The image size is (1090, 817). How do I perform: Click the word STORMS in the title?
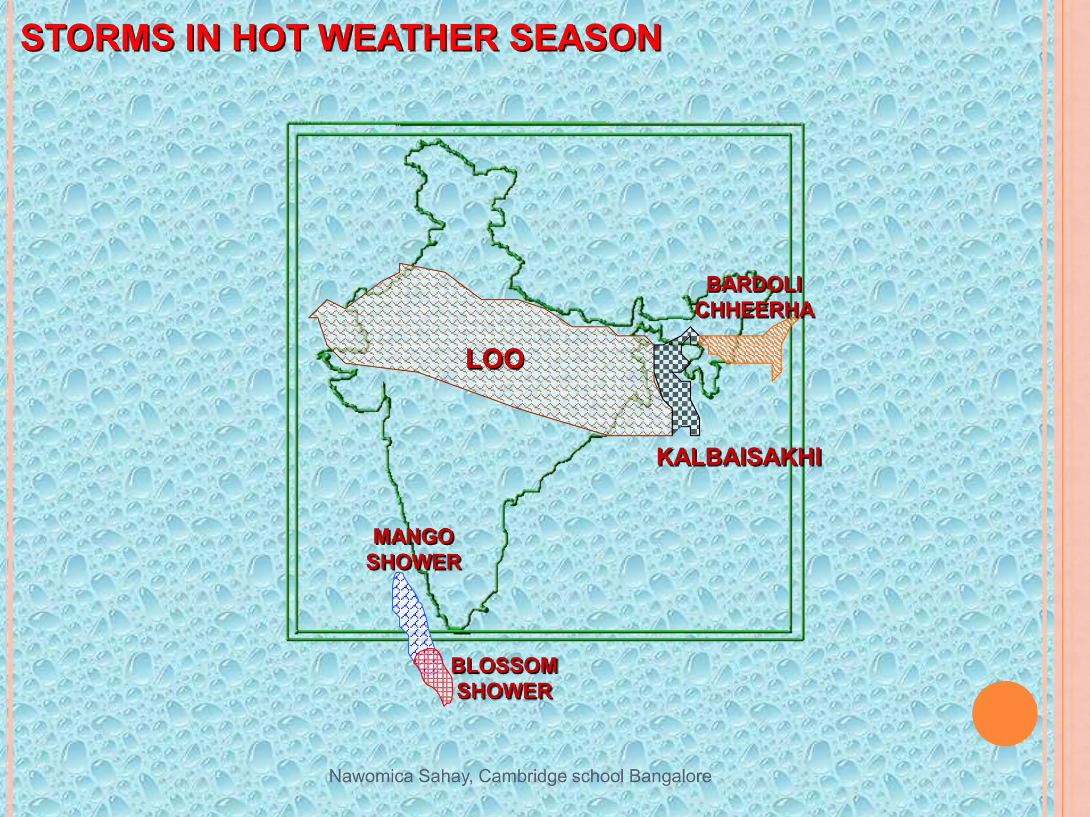(97, 38)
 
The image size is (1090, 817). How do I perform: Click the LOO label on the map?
(495, 360)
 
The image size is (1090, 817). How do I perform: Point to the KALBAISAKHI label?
(739, 457)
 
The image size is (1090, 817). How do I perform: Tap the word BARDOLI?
(754, 285)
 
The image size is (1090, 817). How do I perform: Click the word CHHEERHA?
(755, 310)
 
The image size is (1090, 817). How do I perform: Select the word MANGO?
(414, 537)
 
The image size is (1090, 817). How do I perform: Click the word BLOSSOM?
(505, 666)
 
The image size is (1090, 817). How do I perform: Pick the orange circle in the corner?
(1004, 713)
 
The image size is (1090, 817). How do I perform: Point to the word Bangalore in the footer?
(670, 777)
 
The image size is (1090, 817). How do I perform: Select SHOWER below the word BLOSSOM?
(505, 691)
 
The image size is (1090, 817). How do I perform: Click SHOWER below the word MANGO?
(414, 562)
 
